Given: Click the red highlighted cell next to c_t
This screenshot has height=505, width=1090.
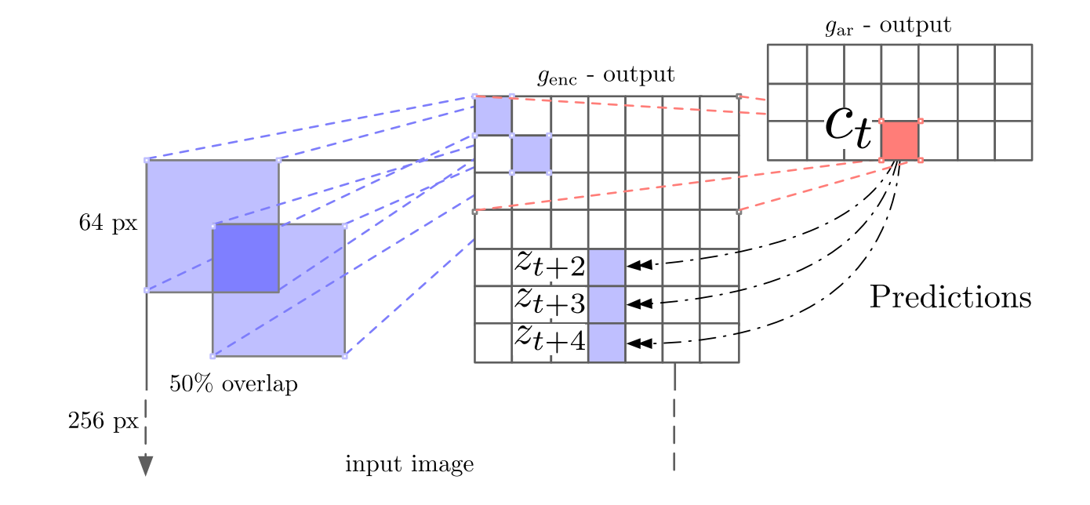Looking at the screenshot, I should pos(899,140).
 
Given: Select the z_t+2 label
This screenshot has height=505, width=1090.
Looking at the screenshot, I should pos(550,265).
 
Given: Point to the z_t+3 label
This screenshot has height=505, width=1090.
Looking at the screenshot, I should pos(550,303).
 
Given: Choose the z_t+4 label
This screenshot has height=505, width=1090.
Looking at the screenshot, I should pos(550,340).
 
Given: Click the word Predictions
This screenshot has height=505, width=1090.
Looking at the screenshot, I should pos(950,298).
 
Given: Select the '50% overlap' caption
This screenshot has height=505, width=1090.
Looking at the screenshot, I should pos(234,385).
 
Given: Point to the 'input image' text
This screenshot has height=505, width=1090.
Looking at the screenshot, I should pos(409,465).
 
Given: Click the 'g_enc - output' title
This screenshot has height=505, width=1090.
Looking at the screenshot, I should pos(605,75).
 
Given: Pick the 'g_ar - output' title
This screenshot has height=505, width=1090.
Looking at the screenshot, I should pos(888,26).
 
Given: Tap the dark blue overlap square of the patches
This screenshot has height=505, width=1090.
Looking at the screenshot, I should pos(245,258).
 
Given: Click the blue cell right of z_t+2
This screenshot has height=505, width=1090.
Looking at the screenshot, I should pos(606,267).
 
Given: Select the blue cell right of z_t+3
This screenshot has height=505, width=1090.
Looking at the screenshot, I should pos(606,304).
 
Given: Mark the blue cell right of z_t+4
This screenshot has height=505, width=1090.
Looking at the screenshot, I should pos(606,343).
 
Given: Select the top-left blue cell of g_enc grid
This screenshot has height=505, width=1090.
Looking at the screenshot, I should pos(492,115).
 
